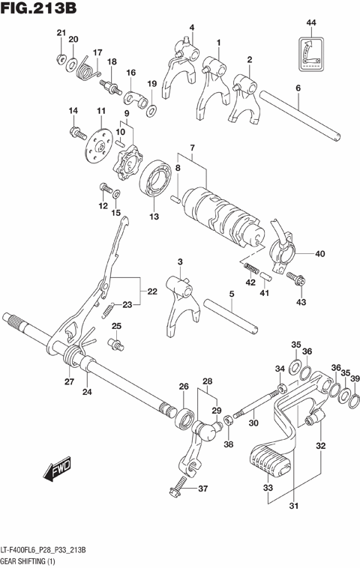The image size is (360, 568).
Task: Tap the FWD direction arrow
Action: pos(56,471)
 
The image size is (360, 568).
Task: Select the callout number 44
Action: pos(311,25)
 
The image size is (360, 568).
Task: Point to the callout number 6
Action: pos(298,88)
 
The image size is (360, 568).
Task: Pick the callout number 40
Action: pos(319,254)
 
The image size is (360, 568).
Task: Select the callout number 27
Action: pos(69,381)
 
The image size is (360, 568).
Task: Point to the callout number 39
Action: pos(355,378)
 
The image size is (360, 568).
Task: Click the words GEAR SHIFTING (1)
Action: pos(34,560)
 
